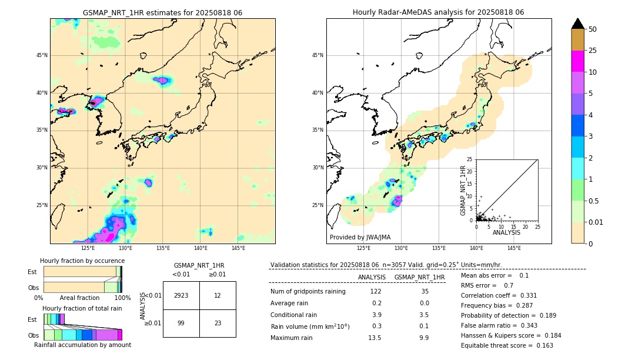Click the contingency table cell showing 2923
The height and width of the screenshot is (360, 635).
tap(181, 295)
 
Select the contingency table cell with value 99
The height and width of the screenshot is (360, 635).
tap(181, 323)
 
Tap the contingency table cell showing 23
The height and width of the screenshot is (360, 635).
tap(218, 323)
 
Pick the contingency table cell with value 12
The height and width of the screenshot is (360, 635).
tap(218, 295)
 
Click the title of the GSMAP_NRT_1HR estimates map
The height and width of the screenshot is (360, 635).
tap(162, 12)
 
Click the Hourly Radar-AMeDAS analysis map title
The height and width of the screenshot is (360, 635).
tap(439, 12)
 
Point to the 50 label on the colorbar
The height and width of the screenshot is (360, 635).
tap(593, 29)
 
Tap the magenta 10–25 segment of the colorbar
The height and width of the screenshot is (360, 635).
tap(577, 61)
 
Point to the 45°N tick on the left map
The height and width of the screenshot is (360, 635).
tap(42, 55)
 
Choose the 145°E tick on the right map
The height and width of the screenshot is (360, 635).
tap(514, 248)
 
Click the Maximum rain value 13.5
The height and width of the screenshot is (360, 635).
tap(375, 338)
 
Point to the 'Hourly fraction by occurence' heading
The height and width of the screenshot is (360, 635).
tap(82, 261)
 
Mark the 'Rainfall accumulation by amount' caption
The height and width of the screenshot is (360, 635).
tap(82, 345)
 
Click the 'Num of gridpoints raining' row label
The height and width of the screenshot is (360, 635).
tap(308, 291)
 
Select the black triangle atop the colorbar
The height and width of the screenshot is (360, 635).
tap(577, 24)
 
